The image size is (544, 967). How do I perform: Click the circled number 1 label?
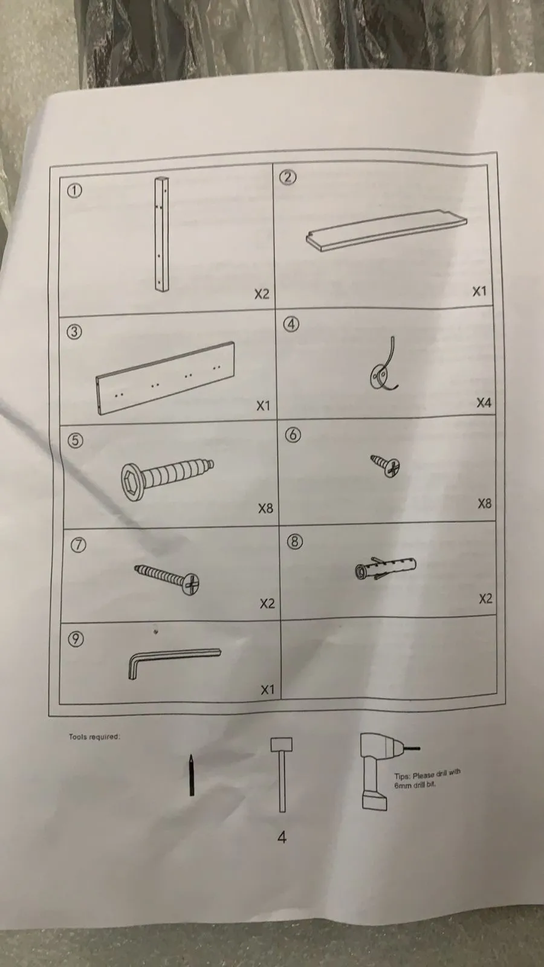coord(74,190)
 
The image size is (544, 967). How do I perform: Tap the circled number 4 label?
coord(291,324)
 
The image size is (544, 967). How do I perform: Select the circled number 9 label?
coord(76,638)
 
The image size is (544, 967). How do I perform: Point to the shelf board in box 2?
coord(386,230)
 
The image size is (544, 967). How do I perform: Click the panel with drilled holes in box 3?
coord(166,378)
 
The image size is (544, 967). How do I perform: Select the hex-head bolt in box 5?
coord(167,479)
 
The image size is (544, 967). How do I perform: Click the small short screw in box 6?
coord(386,465)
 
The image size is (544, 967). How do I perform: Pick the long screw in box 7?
coord(167,579)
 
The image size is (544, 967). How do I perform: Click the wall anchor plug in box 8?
coord(386,568)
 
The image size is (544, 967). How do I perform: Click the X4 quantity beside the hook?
coord(484,403)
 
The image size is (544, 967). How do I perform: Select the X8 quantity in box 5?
coord(265,508)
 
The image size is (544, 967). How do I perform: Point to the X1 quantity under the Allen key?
coord(267,690)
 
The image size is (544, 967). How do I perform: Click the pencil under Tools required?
coord(191,775)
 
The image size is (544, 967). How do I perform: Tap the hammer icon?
coord(282,774)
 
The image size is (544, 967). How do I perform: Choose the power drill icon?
coord(380,771)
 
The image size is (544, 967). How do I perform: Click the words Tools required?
coord(94,737)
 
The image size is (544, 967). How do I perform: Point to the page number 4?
coord(282,838)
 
